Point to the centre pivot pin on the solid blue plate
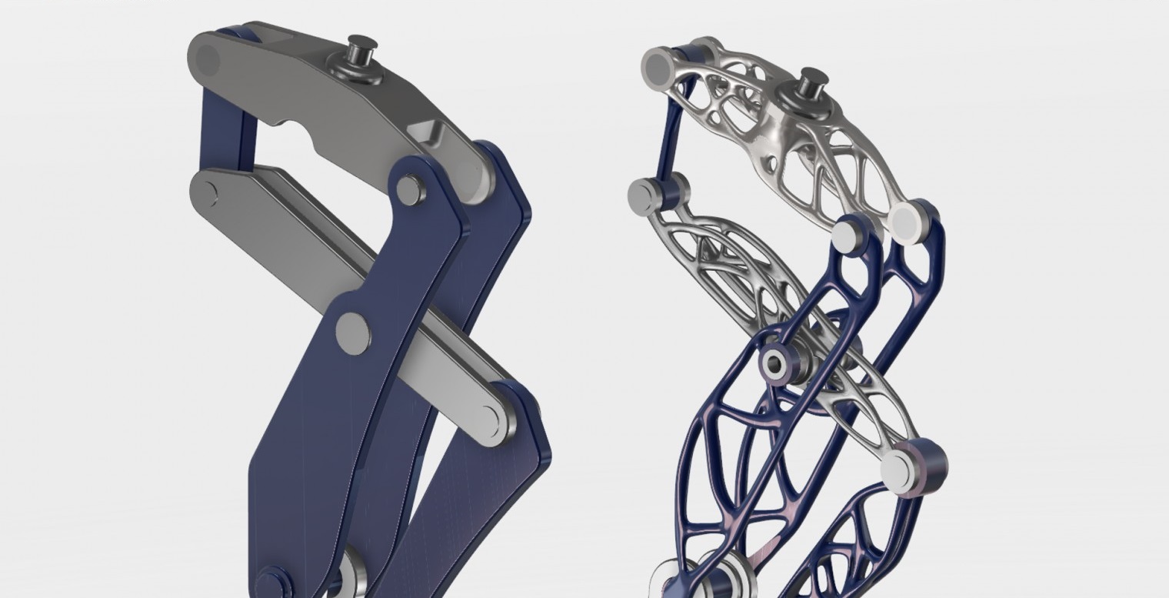353,333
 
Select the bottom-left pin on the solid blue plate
271,582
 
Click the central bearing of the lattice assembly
775,362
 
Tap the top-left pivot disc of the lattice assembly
658,65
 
